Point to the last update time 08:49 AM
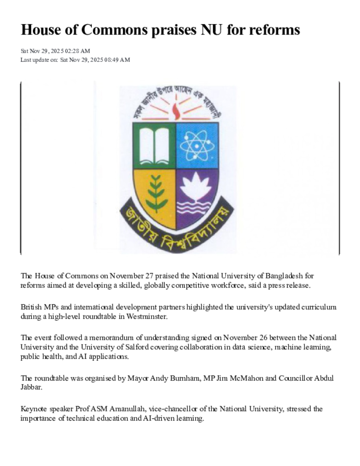[118, 60]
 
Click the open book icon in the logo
[154, 146]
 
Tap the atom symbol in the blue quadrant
[196, 146]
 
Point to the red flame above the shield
[177, 111]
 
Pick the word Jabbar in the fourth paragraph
[31, 387]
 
